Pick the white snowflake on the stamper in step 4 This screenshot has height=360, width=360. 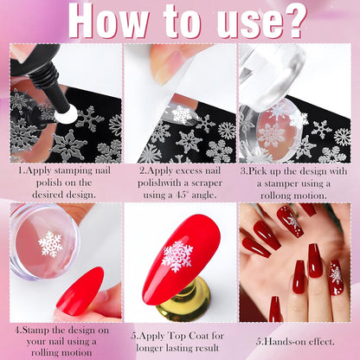coord(51,244)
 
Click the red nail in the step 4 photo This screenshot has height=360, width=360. coord(80,292)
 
